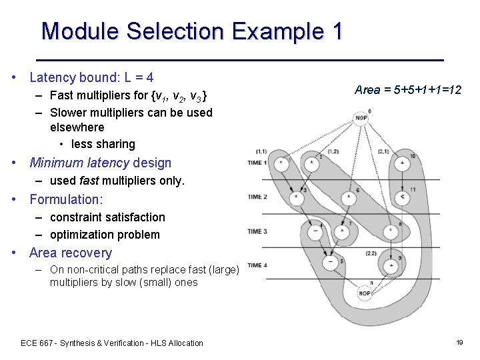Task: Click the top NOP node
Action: [361, 119]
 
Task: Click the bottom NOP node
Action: [365, 293]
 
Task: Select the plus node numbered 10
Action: [402, 163]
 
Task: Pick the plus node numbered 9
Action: [391, 265]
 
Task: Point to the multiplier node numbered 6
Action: [349, 197]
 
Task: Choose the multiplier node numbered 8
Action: [391, 231]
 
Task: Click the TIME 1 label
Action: [257, 163]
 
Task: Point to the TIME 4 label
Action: [257, 265]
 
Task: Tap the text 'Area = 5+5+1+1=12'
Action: [408, 90]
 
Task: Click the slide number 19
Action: [459, 342]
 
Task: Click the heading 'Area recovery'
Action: [71, 253]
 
